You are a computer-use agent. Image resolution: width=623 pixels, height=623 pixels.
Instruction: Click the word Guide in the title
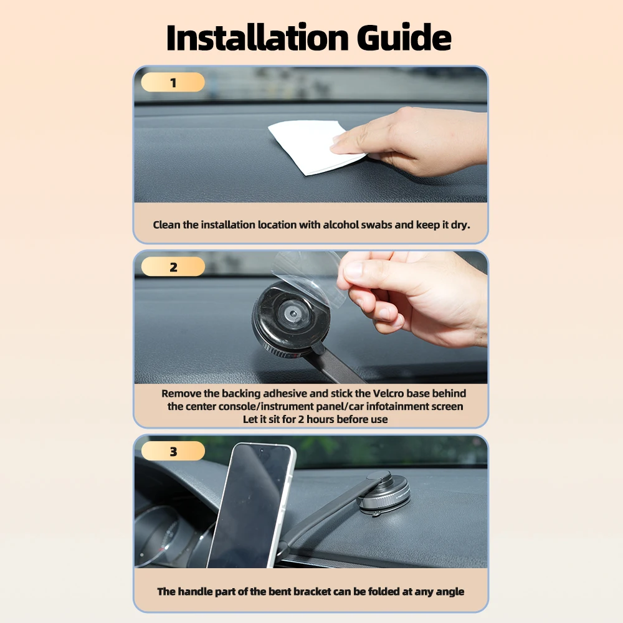[x=404, y=38]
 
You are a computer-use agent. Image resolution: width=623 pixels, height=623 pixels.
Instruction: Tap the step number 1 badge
[x=173, y=82]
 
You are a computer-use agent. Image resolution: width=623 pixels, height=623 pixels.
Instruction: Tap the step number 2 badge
[x=173, y=267]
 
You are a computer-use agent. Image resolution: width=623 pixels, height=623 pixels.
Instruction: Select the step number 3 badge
[x=173, y=451]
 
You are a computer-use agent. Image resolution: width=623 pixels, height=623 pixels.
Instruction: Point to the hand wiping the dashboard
[x=413, y=141]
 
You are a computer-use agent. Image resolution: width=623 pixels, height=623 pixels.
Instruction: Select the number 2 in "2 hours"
[x=301, y=419]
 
